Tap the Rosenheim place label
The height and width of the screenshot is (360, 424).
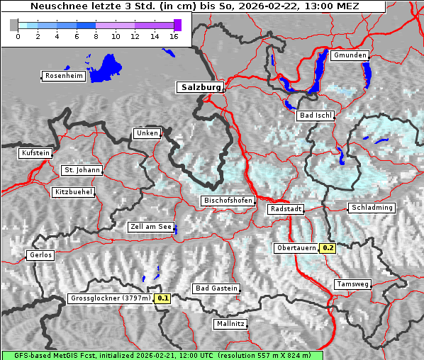pyautogui.click(x=64, y=76)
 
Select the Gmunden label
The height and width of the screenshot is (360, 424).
pyautogui.click(x=350, y=55)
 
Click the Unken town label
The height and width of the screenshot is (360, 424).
pyautogui.click(x=146, y=133)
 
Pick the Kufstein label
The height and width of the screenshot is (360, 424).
pyautogui.click(x=35, y=153)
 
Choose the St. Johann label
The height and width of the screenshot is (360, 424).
pyautogui.click(x=82, y=170)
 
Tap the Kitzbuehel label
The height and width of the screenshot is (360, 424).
pyautogui.click(x=73, y=192)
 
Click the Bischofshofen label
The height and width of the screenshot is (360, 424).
pyautogui.click(x=228, y=201)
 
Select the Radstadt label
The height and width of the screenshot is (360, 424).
pyautogui.click(x=286, y=210)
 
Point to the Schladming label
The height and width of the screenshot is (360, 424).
pyautogui.click(x=371, y=208)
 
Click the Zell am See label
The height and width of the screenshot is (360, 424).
pyautogui.click(x=151, y=227)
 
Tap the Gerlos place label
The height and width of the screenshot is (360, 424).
pyautogui.click(x=40, y=255)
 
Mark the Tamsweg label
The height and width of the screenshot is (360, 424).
pyautogui.click(x=352, y=284)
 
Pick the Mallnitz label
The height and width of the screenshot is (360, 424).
pyautogui.click(x=230, y=324)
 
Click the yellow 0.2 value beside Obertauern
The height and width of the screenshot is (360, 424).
pyautogui.click(x=327, y=248)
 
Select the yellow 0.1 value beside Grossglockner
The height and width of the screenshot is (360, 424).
pyautogui.click(x=163, y=299)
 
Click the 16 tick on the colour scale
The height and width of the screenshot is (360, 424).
pyautogui.click(x=174, y=36)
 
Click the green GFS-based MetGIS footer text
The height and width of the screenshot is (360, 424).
pyautogui.click(x=162, y=355)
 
